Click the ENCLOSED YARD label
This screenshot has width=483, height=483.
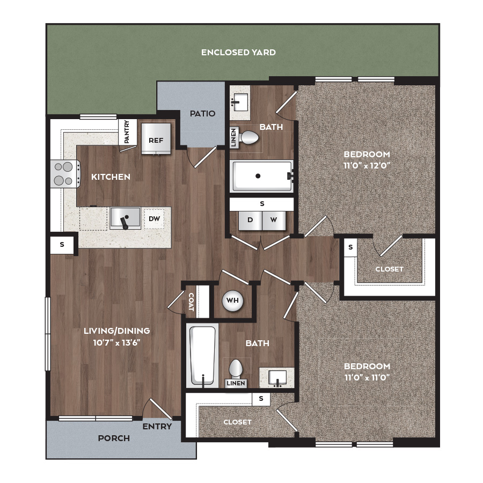(238, 53)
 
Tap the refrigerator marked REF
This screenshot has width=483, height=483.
(156, 139)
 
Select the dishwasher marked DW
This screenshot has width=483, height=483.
(155, 219)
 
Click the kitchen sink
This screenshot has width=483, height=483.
(126, 218)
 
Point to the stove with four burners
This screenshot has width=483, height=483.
(65, 174)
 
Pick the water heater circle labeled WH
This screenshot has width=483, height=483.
(232, 301)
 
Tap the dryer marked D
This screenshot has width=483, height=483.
(250, 220)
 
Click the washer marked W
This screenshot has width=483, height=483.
(274, 220)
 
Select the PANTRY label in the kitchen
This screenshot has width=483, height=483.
(127, 131)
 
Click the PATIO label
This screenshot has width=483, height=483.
(202, 114)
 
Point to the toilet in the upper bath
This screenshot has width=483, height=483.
(248, 138)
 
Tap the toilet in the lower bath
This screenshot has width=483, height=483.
(236, 369)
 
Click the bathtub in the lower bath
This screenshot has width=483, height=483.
(202, 355)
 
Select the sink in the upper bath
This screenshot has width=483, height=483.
(240, 103)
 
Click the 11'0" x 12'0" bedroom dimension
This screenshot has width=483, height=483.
(367, 165)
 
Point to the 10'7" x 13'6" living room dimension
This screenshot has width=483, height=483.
(117, 342)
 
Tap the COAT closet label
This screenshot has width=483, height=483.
(191, 302)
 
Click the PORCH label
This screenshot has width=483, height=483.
(114, 438)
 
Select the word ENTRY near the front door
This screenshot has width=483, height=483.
(157, 427)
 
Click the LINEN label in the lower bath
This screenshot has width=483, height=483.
(236, 383)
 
